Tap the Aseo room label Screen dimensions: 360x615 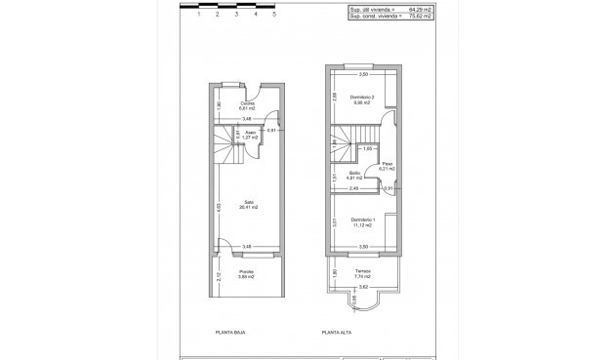[x=251, y=134]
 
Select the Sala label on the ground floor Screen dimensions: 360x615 [x=249, y=203]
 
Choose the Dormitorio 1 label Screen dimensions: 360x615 [x=363, y=220]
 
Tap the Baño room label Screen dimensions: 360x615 [x=354, y=175]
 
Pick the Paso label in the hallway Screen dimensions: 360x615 [x=388, y=165]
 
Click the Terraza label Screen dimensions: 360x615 [x=363, y=272]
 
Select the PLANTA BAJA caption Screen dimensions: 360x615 [x=229, y=333]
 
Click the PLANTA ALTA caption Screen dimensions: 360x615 [x=337, y=333]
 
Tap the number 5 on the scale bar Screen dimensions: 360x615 [x=274, y=16]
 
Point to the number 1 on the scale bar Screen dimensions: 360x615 [x=198, y=16]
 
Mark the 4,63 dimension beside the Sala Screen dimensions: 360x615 [x=219, y=208]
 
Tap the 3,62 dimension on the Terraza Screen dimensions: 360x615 [x=363, y=288]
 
